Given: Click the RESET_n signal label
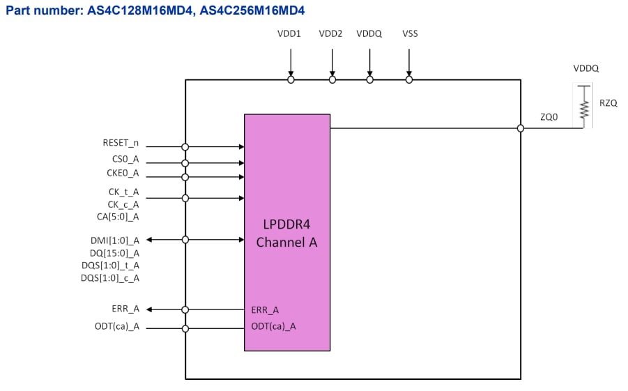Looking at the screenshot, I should (x=121, y=144).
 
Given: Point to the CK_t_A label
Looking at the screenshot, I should (x=123, y=192).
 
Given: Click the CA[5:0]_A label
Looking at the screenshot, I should (x=118, y=217).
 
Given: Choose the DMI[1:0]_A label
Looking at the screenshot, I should (x=116, y=240).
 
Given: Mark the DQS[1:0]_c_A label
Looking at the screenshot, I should (x=110, y=278).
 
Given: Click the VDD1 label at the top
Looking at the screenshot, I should (x=289, y=33).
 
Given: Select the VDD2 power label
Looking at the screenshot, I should (x=331, y=33).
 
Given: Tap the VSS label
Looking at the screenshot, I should (x=410, y=33).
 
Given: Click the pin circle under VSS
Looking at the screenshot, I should (x=409, y=80).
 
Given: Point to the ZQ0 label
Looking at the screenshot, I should (x=549, y=118).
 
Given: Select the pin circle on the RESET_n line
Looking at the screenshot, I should (x=185, y=147).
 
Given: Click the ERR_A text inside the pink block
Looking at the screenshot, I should (x=265, y=309).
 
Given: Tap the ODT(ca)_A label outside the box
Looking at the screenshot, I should (x=117, y=326).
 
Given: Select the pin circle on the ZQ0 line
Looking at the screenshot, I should (x=521, y=128).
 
